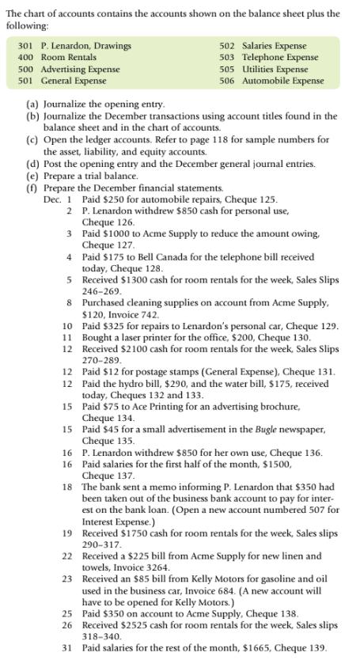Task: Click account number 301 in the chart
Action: (x=25, y=46)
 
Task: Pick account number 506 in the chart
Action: (x=227, y=81)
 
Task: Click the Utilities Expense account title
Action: (x=274, y=70)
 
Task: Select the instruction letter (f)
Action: (x=32, y=188)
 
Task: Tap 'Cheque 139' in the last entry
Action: (x=295, y=647)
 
